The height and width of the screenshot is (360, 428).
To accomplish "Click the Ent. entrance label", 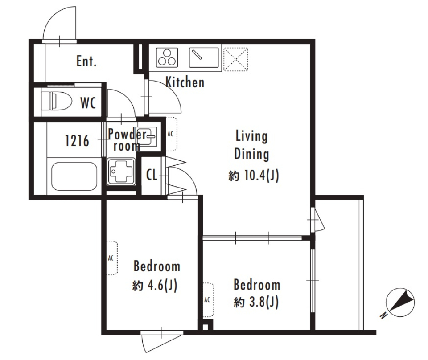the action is pyautogui.click(x=86, y=61).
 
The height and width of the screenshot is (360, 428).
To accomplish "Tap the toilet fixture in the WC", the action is pyautogui.click(x=56, y=101).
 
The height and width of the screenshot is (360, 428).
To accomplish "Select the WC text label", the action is pyautogui.click(x=88, y=103).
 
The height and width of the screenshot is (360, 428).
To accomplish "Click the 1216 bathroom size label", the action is pyautogui.click(x=77, y=141).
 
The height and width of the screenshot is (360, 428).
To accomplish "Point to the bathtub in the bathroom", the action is pyautogui.click(x=74, y=176).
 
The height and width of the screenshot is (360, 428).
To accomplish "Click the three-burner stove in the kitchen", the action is pyautogui.click(x=167, y=57).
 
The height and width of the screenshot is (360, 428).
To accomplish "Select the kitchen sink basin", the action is pyautogui.click(x=204, y=57).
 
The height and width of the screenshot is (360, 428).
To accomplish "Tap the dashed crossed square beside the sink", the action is pyautogui.click(x=235, y=59).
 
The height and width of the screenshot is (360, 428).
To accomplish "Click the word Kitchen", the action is pyautogui.click(x=185, y=82).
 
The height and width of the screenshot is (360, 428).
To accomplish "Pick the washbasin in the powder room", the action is pyautogui.click(x=147, y=136).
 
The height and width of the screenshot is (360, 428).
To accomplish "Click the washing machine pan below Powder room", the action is pyautogui.click(x=121, y=171).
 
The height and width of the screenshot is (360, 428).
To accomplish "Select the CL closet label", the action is pyautogui.click(x=152, y=175).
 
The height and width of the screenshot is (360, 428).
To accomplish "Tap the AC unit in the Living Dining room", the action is pyautogui.click(x=171, y=134).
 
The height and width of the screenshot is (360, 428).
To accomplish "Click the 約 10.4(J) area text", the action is pyautogui.click(x=254, y=176).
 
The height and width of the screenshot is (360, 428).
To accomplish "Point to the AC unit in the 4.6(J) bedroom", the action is pyautogui.click(x=112, y=258).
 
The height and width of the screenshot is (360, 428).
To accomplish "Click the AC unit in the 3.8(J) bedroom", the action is pyautogui.click(x=208, y=300).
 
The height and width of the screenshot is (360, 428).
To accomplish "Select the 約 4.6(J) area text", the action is pyautogui.click(x=155, y=286).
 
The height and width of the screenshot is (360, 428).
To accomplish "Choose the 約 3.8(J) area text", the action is pyautogui.click(x=256, y=302).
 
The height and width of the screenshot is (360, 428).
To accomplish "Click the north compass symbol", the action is pyautogui.click(x=399, y=303).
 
